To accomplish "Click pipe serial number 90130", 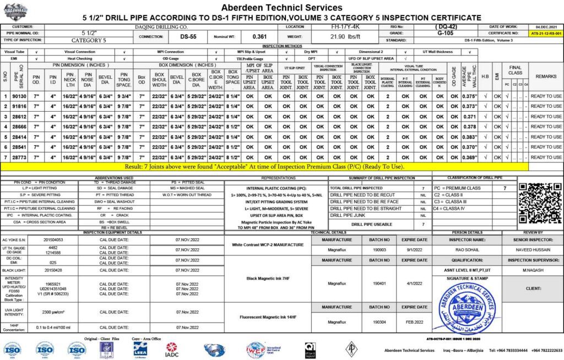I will (21, 96).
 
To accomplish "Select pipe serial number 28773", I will (21, 157).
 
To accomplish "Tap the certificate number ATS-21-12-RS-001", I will (546, 34).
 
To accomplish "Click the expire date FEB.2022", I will (414, 321).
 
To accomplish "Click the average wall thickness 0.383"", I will (469, 137).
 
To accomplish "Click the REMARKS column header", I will (546, 76).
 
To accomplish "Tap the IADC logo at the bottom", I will (172, 349).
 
